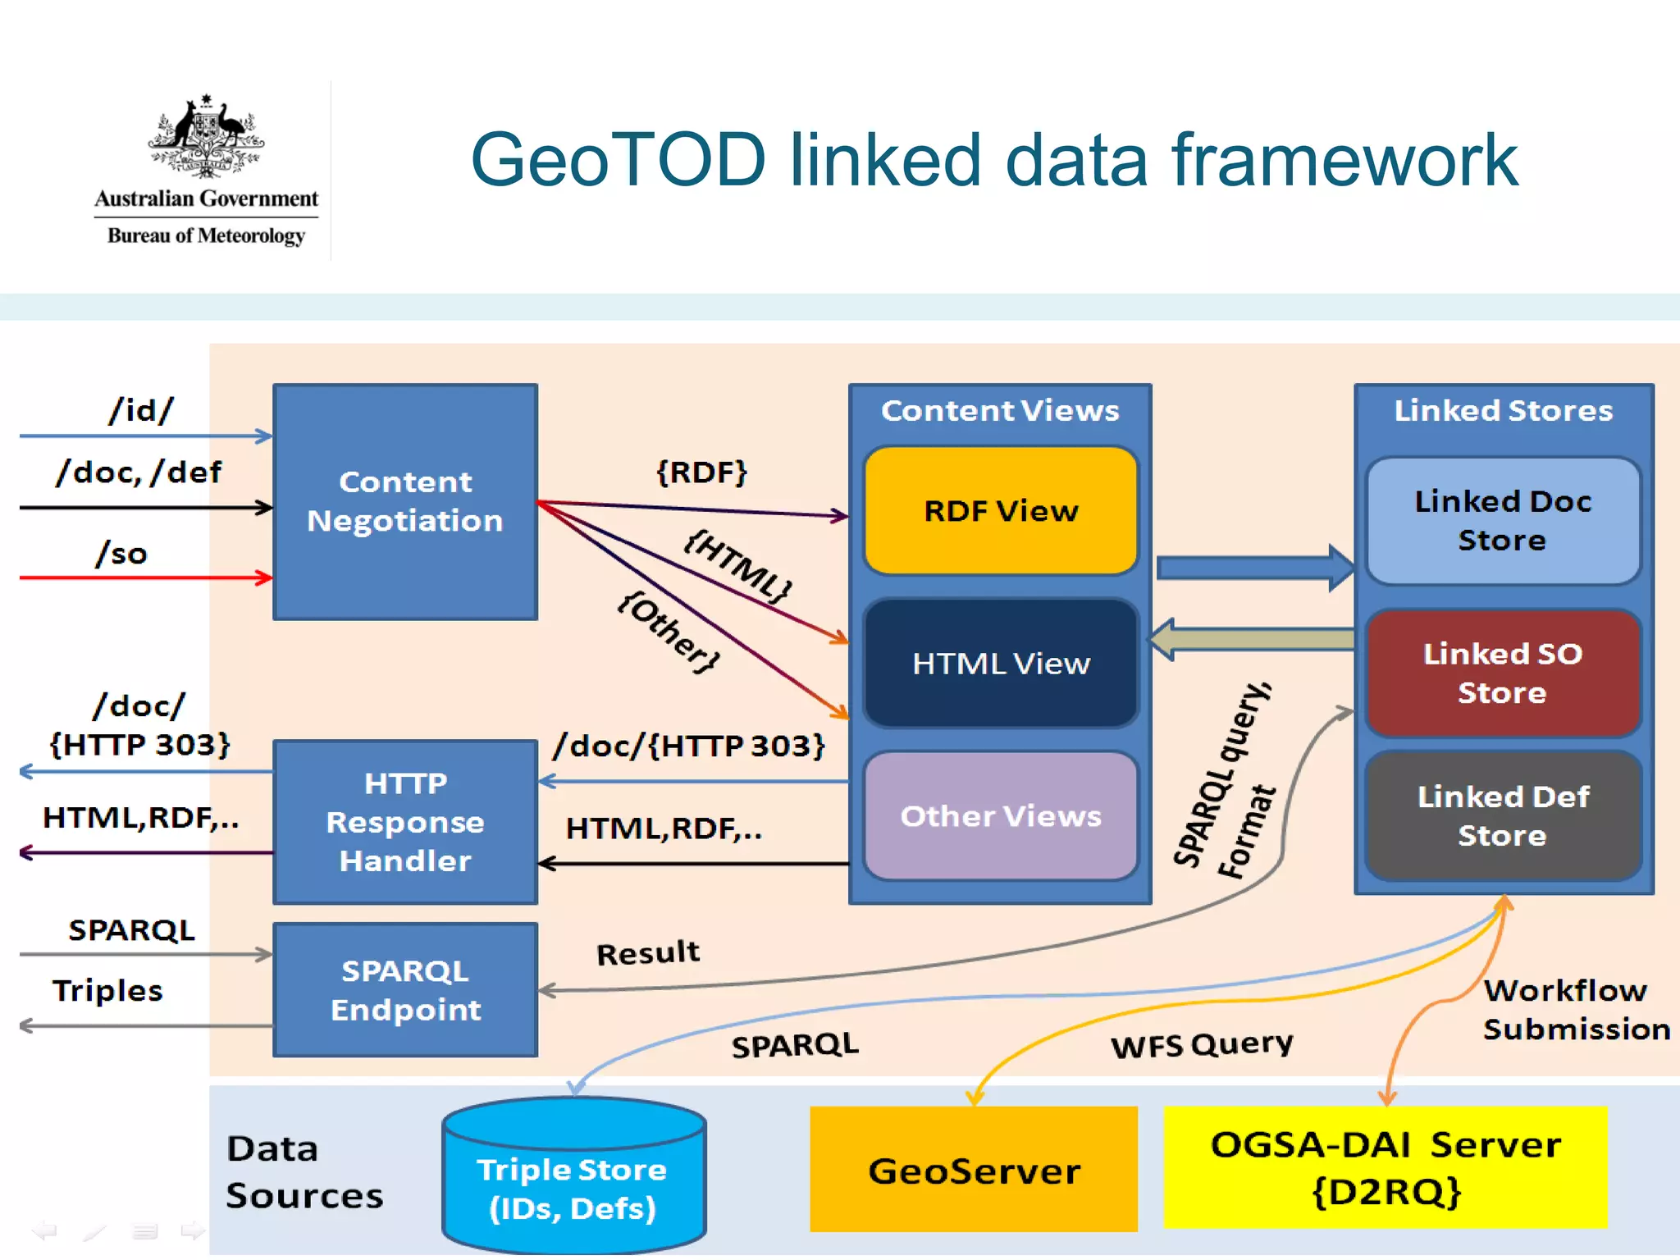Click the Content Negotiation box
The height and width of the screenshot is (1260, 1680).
405,501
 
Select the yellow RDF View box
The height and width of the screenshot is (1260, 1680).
1001,510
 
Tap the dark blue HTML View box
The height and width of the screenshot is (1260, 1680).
1001,663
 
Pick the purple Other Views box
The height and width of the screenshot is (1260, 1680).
1001,815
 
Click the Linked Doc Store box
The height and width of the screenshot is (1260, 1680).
1502,520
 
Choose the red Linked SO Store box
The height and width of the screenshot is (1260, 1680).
1502,673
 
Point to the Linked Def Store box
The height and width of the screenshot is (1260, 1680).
1502,815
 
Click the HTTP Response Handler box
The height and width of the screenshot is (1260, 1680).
405,821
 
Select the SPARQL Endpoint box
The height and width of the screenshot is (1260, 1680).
405,989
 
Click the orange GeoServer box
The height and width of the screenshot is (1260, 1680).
974,1170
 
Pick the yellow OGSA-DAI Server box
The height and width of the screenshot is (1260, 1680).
1385,1166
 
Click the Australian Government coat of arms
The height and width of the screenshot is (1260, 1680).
206,135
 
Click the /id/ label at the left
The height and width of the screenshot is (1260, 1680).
141,410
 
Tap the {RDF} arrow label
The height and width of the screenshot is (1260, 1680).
701,472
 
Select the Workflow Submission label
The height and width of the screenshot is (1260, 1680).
1575,1009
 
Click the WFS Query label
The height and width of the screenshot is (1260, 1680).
1201,1044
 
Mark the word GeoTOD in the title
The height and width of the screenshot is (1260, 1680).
618,159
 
